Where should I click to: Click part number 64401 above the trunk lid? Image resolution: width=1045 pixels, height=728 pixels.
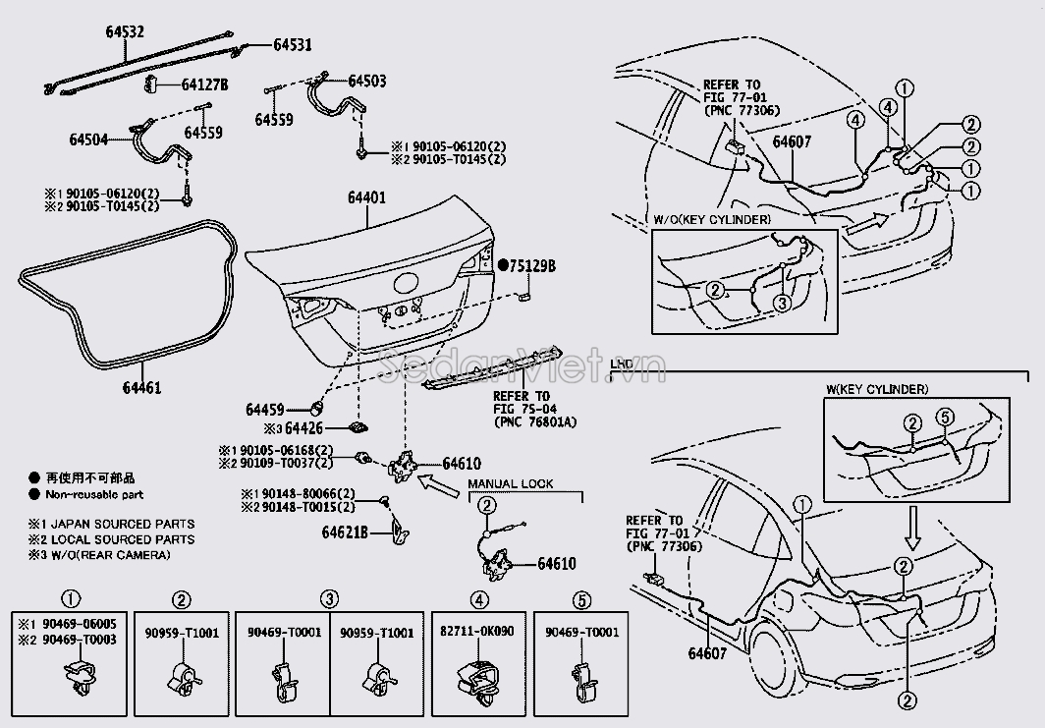point(365,198)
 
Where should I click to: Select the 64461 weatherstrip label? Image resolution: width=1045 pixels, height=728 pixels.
point(142,387)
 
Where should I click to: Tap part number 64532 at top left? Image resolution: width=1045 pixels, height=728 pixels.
point(125,31)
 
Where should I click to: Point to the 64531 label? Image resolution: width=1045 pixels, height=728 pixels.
point(292,44)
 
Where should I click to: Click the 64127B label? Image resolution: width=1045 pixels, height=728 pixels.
point(204,85)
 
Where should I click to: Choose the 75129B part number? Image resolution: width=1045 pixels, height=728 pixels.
point(533,265)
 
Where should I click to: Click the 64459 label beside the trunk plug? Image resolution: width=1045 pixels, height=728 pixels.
point(265,409)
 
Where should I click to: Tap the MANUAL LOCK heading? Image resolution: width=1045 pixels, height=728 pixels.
point(510,483)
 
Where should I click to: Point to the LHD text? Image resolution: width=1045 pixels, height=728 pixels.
point(621,363)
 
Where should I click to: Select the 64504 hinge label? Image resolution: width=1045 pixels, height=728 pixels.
point(88,140)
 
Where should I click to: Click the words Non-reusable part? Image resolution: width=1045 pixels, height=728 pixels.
point(99,495)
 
